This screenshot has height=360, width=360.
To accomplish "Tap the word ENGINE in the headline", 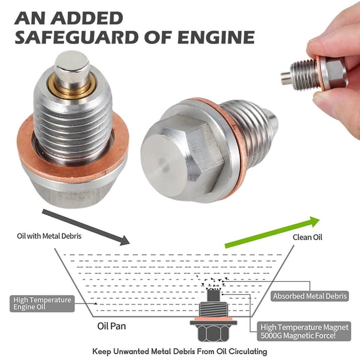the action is (x=216, y=37).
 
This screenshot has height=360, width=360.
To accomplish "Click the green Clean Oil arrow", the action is (x=272, y=232).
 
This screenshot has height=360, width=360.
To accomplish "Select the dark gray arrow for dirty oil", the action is (x=86, y=227).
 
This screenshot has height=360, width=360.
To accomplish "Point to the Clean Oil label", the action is (x=307, y=237).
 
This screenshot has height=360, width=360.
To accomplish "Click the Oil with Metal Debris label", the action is (x=49, y=236).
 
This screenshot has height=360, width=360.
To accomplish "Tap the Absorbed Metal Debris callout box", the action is (x=310, y=296).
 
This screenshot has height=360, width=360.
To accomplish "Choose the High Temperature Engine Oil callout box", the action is (x=42, y=304).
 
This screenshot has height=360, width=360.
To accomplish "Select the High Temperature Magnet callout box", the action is (x=304, y=331).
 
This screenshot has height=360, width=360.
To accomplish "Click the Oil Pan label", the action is (x=112, y=326).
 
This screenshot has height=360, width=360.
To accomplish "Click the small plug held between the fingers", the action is (x=314, y=73).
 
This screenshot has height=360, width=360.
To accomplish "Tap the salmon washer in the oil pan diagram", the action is (x=214, y=319).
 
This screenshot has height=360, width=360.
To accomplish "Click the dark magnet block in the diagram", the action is (x=214, y=296).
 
